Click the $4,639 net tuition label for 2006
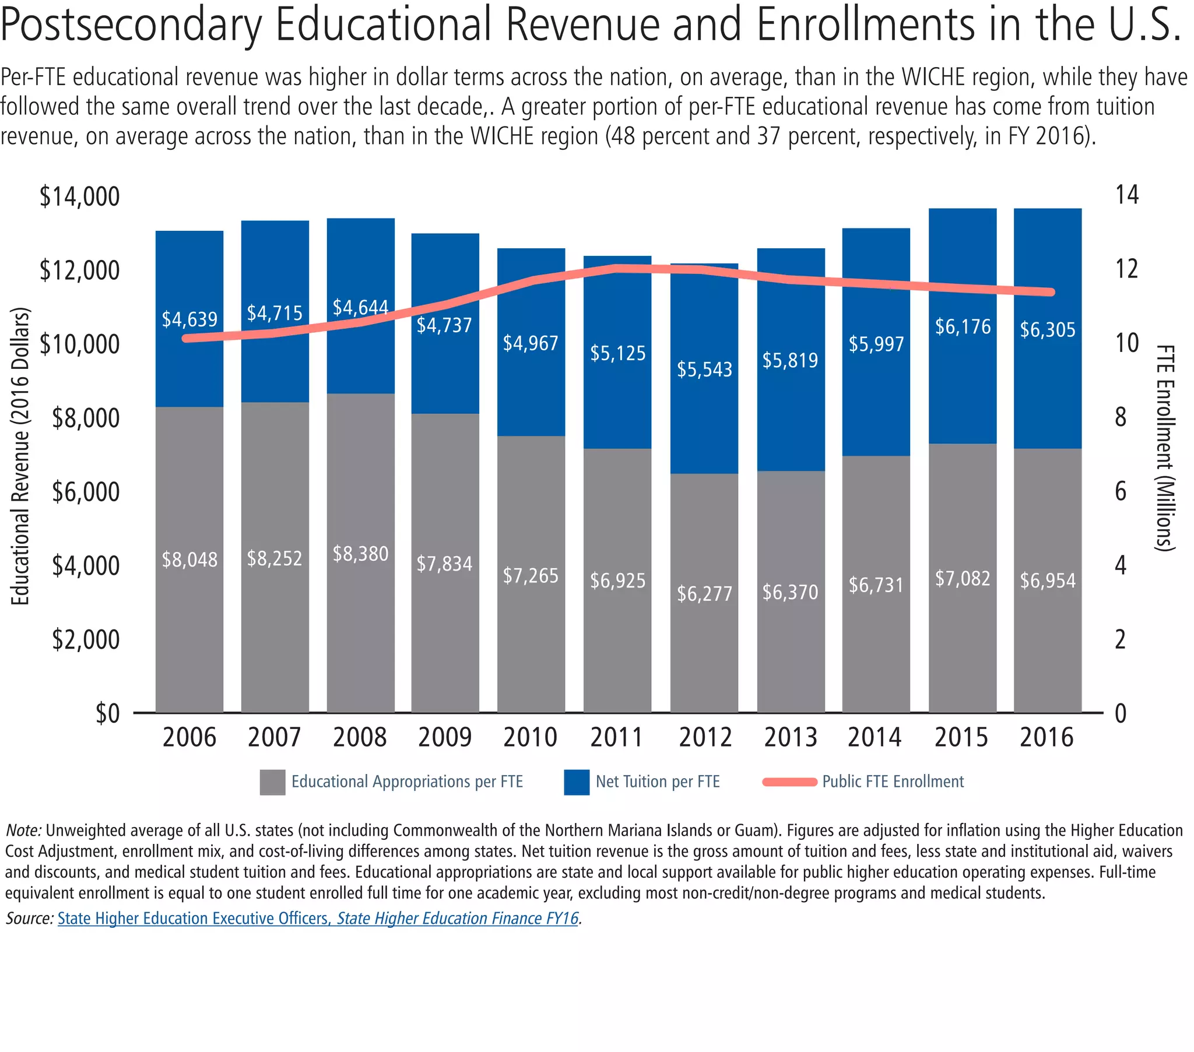[x=189, y=319]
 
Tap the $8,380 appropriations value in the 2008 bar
[x=360, y=554]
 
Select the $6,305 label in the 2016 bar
[x=1048, y=330]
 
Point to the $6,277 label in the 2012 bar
[x=704, y=594]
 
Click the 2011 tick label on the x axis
[x=616, y=737]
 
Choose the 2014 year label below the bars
[x=875, y=737]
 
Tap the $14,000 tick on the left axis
[x=79, y=197]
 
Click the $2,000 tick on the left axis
[x=86, y=639]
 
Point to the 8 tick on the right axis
[x=1121, y=418]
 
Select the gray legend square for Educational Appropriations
[x=272, y=782]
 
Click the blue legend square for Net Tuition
[x=577, y=782]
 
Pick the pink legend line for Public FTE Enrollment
[x=790, y=782]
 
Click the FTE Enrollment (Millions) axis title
[x=1165, y=448]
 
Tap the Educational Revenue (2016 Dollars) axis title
[x=20, y=456]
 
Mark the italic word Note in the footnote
[x=23, y=831]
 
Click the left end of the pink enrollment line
[x=187, y=338]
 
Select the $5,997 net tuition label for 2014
[x=876, y=344]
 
